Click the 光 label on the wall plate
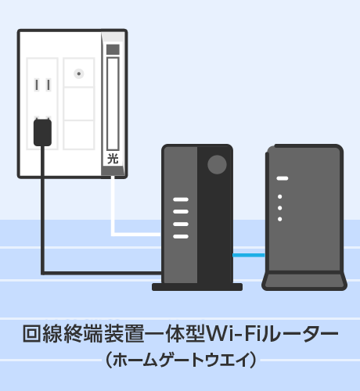113,159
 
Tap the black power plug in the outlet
42,132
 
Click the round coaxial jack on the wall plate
79,74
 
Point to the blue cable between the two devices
249,255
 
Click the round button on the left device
217,165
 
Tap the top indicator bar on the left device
181,199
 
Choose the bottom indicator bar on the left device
181,236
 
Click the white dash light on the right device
283,178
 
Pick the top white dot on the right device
280,196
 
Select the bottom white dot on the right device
280,219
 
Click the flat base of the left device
197,287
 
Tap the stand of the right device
304,281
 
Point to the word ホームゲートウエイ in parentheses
181,360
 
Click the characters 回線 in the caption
42,334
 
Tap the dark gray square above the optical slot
113,49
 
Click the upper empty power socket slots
42,85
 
